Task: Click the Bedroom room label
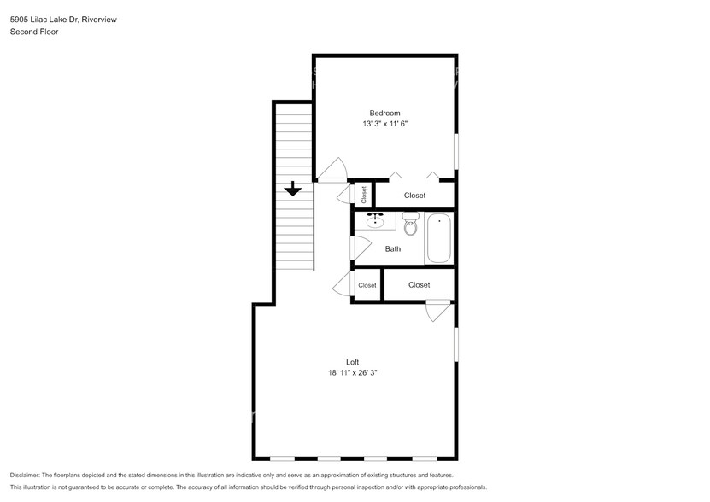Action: [384, 113]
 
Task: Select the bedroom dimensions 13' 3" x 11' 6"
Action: [384, 124]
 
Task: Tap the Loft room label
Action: [352, 361]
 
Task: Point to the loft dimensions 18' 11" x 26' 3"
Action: [352, 372]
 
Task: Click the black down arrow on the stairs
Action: [293, 189]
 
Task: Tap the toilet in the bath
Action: [410, 226]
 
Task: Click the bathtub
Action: [439, 238]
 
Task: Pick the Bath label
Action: [393, 249]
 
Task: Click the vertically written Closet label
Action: [364, 195]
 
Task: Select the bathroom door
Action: [358, 248]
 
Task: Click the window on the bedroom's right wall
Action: [455, 149]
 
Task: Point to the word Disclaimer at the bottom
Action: [25, 475]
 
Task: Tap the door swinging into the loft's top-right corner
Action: [437, 311]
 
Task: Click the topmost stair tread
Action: [293, 106]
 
